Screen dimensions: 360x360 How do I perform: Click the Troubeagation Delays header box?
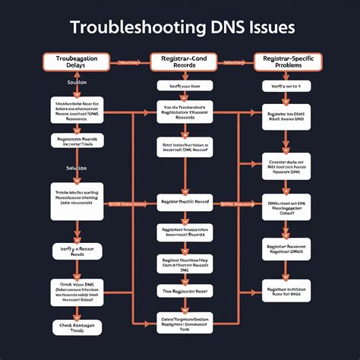coord(75,62)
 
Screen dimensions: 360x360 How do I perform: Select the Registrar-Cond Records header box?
coord(180,62)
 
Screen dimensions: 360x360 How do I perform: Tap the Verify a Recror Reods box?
coord(76,251)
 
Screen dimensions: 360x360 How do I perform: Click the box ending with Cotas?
coord(286,207)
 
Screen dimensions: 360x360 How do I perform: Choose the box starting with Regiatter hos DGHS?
coord(286,115)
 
